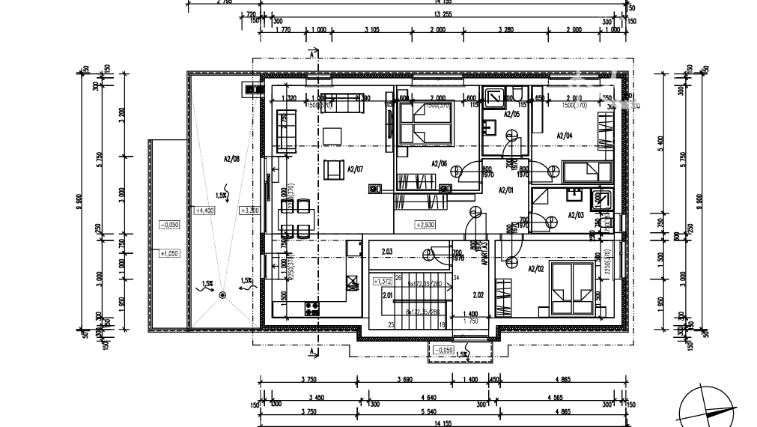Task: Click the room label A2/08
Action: pyautogui.click(x=231, y=159)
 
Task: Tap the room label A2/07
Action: pyautogui.click(x=355, y=169)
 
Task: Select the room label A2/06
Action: pyautogui.click(x=440, y=164)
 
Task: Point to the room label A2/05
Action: pyautogui.click(x=511, y=115)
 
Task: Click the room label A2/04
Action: pyautogui.click(x=565, y=136)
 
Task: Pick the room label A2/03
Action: pyautogui.click(x=576, y=215)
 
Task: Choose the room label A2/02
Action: pyautogui.click(x=536, y=268)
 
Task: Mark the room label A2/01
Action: pyautogui.click(x=507, y=190)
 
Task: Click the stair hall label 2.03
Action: pyautogui.click(x=387, y=252)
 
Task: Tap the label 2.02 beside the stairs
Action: pyautogui.click(x=478, y=295)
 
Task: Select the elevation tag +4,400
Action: pyautogui.click(x=204, y=211)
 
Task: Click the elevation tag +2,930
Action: pyautogui.click(x=425, y=224)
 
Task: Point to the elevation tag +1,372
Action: pyautogui.click(x=382, y=281)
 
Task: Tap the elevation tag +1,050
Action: pyautogui.click(x=169, y=253)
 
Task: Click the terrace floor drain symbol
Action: pyautogui.click(x=222, y=296)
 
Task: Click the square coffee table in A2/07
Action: pyautogui.click(x=332, y=136)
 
